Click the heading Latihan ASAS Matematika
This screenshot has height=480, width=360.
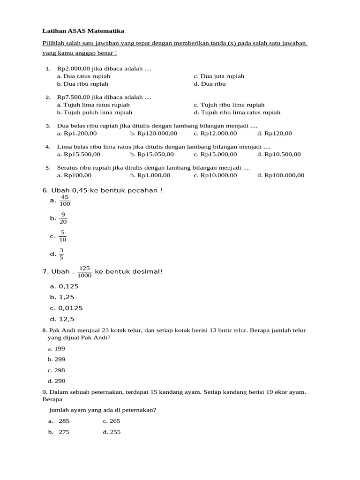(83, 31)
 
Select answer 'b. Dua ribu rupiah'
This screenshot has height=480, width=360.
(82, 84)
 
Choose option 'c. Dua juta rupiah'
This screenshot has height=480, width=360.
(219, 76)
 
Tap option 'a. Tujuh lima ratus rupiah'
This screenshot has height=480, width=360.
(93, 105)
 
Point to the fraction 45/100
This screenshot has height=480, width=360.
(65, 201)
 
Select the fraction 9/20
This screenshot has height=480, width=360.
(63, 218)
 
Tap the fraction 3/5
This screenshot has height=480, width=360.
(61, 254)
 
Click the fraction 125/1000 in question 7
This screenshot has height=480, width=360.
(84, 272)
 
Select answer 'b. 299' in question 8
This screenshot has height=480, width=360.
(56, 360)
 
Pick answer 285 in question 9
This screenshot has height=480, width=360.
(64, 421)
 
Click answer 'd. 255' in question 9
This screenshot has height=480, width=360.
(112, 432)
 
